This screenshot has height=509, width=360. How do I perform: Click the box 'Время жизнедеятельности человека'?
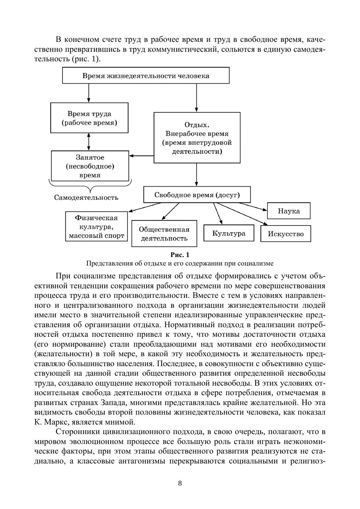pyautogui.click(x=146, y=76)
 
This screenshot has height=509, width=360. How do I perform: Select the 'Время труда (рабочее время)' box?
pyautogui.click(x=89, y=118)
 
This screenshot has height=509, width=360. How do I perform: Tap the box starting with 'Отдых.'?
pyautogui.click(x=197, y=138)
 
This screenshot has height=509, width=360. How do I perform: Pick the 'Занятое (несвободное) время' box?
pyautogui.click(x=90, y=166)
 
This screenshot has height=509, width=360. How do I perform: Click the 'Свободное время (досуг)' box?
pyautogui.click(x=197, y=195)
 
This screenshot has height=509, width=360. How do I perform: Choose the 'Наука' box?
pyautogui.click(x=289, y=211)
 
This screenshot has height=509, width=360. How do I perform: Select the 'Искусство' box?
pyautogui.click(x=285, y=234)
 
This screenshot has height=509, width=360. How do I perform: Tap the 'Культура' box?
pyautogui.click(x=229, y=233)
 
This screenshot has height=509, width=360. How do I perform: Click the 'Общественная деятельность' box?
pyautogui.click(x=164, y=234)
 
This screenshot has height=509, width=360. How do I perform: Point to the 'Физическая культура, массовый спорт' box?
pyautogui.click(x=97, y=227)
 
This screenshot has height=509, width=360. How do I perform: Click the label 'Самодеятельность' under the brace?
pyautogui.click(x=86, y=198)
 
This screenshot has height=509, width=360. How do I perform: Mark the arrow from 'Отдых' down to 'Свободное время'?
pyautogui.click(x=197, y=174)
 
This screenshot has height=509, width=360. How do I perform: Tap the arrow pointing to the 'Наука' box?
pyautogui.click(x=250, y=206)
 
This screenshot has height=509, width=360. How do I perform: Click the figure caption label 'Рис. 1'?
pyautogui.click(x=180, y=254)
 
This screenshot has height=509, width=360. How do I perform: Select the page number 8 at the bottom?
pyautogui.click(x=180, y=483)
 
